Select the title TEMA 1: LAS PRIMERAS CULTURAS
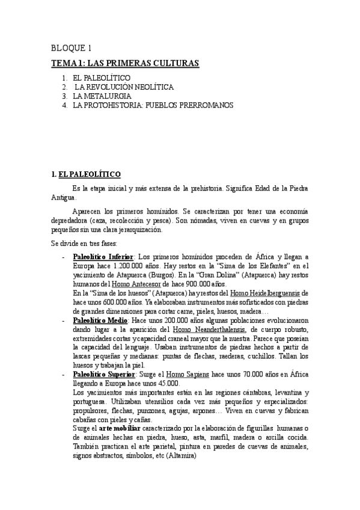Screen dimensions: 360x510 click(125, 63)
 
